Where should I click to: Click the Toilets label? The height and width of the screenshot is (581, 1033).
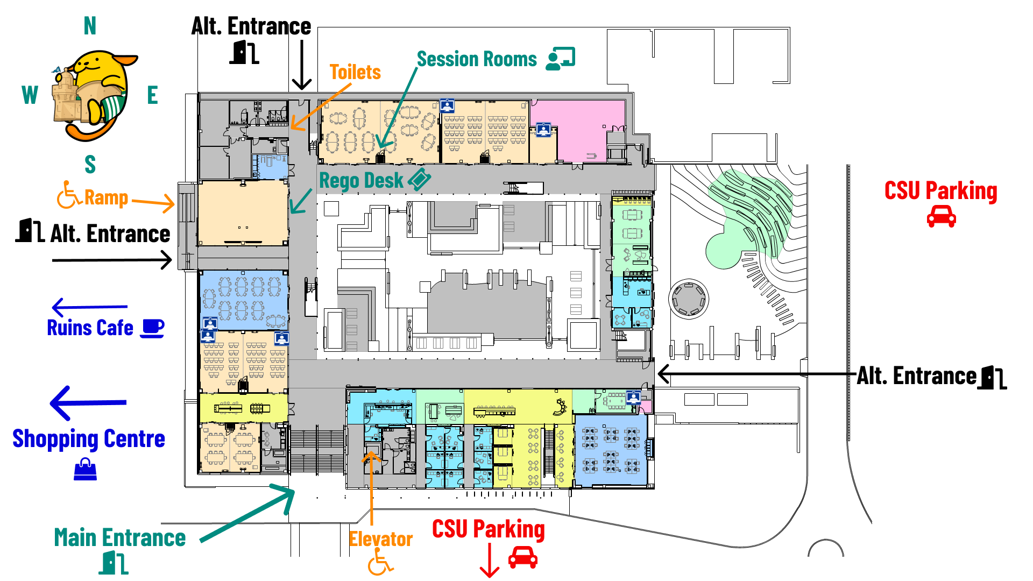[x=355, y=72]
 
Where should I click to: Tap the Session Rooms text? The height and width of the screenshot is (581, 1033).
[x=477, y=59]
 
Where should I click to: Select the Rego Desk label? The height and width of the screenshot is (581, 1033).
[x=361, y=181]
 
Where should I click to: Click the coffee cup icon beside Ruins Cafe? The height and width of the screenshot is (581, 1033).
[x=152, y=328]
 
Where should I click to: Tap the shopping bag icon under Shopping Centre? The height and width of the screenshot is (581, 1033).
[x=85, y=469]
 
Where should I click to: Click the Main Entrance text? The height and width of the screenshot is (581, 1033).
[x=119, y=537]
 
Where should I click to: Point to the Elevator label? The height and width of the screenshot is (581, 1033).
[x=380, y=539]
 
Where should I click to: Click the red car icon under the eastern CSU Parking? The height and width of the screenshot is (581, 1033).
[x=941, y=216]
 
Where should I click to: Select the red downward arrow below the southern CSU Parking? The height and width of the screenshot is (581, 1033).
[x=489, y=561]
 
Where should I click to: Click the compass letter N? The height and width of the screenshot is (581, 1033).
[x=90, y=26]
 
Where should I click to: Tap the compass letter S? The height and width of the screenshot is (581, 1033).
[x=90, y=164]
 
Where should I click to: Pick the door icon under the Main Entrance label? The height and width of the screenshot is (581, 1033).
[x=114, y=563]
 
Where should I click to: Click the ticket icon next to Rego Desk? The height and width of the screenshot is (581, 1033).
[x=419, y=179]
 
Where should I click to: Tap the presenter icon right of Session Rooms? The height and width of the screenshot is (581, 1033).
[x=561, y=58]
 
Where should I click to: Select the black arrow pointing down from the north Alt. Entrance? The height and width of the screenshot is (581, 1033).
[x=301, y=65]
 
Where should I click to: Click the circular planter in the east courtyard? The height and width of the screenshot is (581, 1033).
[x=688, y=299]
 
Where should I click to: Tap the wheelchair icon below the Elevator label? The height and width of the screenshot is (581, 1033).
[x=380, y=565]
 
